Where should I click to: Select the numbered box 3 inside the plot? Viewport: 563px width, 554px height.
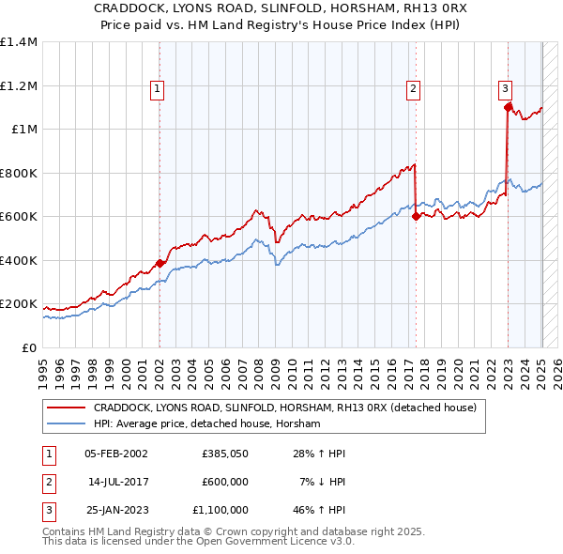tap(505, 89)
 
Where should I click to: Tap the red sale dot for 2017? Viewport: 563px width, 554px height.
tap(415, 216)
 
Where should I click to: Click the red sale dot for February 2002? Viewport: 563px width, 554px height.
tap(160, 264)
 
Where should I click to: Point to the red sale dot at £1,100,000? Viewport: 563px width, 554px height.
tap(508, 107)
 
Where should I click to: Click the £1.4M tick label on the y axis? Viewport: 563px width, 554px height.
tap(19, 42)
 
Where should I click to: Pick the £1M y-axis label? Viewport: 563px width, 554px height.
tap(23, 130)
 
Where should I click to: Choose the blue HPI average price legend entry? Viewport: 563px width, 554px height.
tap(206, 424)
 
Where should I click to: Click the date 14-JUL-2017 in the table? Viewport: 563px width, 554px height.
tap(117, 482)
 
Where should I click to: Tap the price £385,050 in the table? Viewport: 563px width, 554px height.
tap(223, 453)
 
